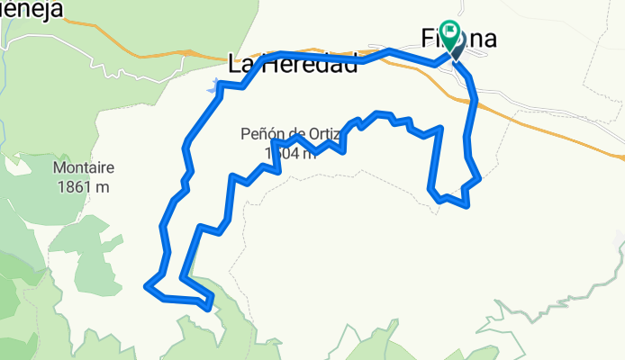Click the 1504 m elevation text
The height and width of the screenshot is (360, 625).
291,153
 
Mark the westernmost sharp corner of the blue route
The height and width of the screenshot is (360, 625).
145,286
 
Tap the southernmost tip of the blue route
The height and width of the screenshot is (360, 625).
210,308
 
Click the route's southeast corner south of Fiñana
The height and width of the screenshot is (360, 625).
468,206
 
